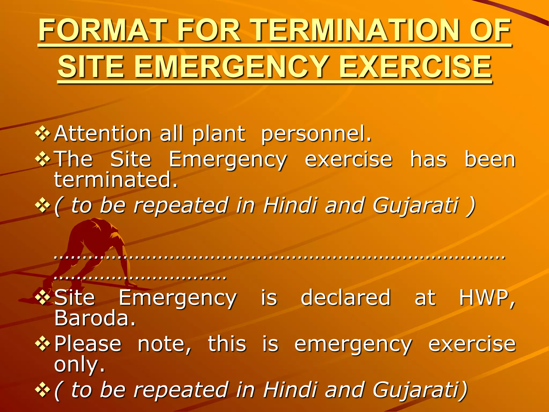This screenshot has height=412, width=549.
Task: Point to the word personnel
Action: [316, 134]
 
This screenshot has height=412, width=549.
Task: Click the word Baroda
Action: [95, 318]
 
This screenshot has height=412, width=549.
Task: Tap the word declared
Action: [346, 297]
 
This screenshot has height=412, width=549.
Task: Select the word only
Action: [79, 365]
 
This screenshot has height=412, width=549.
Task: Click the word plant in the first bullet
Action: [218, 134]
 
